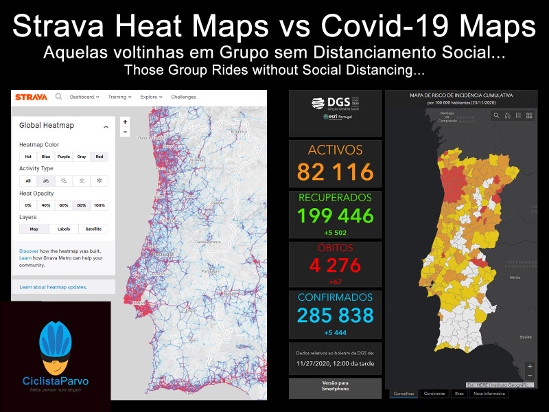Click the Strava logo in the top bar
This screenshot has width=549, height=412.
[32, 97]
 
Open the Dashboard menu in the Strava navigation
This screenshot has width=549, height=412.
[84, 97]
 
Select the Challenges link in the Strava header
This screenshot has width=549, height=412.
[183, 97]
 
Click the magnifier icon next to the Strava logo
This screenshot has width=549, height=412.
[59, 97]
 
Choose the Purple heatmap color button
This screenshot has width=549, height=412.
[64, 157]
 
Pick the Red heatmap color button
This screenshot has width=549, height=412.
[100, 157]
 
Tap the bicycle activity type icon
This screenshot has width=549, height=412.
[46, 181]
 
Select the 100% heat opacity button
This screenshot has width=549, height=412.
[100, 205]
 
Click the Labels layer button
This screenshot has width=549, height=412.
[64, 229]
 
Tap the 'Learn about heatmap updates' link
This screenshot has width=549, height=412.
[53, 287]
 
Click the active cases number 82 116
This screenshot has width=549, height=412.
[335, 172]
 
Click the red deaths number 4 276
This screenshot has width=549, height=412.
[335, 264]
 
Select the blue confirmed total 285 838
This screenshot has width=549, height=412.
[335, 315]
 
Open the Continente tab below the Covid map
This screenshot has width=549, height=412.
[434, 393]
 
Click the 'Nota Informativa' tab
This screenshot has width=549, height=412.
[489, 393]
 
